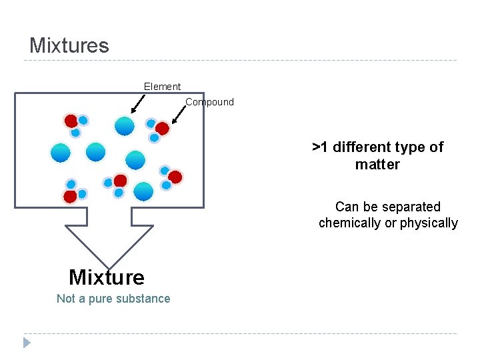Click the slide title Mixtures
pyautogui.click(x=69, y=45)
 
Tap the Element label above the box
pyautogui.click(x=162, y=87)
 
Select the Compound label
pyautogui.click(x=209, y=102)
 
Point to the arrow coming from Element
pyautogui.click(x=138, y=104)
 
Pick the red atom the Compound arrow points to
pyautogui.click(x=162, y=129)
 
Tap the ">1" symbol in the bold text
pyautogui.click(x=321, y=147)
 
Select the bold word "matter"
pyautogui.click(x=377, y=165)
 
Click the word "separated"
pyautogui.click(x=409, y=207)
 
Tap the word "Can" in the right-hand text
pyautogui.click(x=347, y=207)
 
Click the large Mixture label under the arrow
pyautogui.click(x=106, y=277)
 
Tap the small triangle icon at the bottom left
pyautogui.click(x=26, y=343)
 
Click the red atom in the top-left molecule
pyautogui.click(x=71, y=121)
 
